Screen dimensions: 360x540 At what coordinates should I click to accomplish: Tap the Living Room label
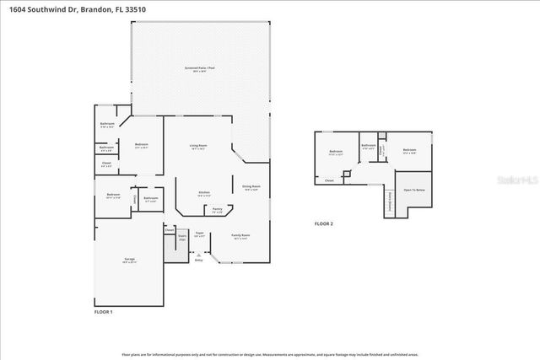[198, 147]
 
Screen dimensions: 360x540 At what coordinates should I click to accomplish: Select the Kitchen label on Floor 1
[203, 193]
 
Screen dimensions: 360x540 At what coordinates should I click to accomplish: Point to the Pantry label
[217, 209]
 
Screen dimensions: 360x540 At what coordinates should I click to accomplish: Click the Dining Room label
[251, 187]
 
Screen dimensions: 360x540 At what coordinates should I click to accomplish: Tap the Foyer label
[200, 234]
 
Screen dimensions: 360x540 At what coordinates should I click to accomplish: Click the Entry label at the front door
[199, 261]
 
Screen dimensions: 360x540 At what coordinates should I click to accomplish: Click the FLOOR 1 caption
[103, 312]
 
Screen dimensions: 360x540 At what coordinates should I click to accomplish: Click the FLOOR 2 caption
[324, 223]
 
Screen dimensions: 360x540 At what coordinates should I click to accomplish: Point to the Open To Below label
[413, 189]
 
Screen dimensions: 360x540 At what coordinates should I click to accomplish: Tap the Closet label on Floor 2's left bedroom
[329, 180]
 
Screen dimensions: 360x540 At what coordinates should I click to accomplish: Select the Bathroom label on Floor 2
[368, 146]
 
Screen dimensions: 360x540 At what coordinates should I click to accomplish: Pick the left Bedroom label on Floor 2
[335, 153]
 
